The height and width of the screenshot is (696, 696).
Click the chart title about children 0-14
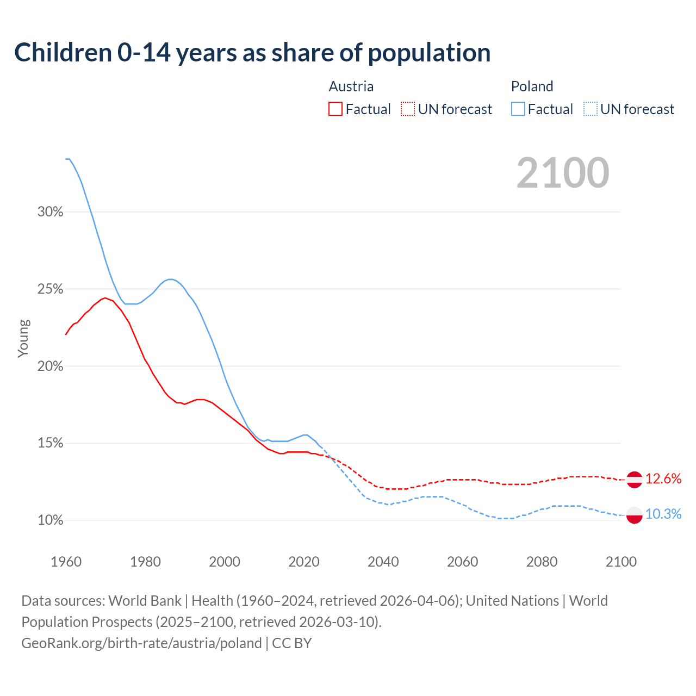[252, 53]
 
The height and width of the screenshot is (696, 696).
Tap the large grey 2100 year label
[562, 173]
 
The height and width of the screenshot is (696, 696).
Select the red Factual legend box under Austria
[335, 109]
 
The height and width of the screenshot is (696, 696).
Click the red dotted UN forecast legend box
[408, 109]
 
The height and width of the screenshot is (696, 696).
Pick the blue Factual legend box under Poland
[518, 109]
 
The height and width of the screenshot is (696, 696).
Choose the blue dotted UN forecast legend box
[591, 109]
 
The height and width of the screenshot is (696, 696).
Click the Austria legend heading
[351, 86]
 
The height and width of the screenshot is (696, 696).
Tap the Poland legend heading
[532, 86]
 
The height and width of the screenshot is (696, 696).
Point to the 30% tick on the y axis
[51, 212]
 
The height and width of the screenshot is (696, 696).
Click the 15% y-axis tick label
[51, 443]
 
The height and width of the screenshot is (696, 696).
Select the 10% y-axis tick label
[51, 520]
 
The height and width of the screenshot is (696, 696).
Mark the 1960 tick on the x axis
[66, 562]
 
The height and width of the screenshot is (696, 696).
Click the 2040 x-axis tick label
[383, 562]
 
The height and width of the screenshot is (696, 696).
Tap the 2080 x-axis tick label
[542, 562]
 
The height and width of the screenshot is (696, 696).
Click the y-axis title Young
[23, 338]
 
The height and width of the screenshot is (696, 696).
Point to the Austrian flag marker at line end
[635, 480]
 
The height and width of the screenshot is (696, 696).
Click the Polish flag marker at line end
[635, 514]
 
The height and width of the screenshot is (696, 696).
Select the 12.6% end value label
[663, 478]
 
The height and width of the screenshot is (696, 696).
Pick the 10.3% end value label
[663, 514]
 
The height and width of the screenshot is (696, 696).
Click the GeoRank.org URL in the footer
[141, 643]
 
